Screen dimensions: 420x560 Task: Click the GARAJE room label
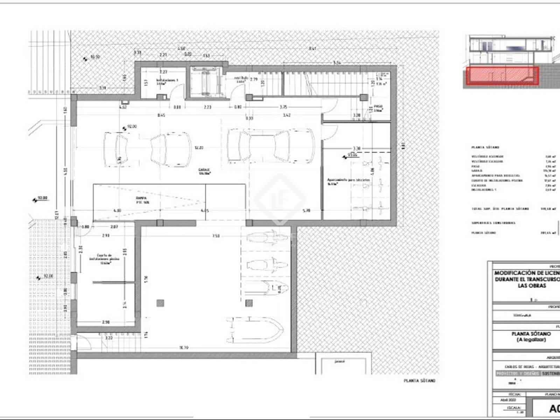[204, 171]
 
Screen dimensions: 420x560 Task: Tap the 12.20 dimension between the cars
[199, 148]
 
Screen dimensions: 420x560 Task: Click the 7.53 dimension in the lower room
[216, 236]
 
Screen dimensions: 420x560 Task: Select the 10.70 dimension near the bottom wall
[183, 348]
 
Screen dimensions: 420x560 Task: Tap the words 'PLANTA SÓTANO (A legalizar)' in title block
[531, 337]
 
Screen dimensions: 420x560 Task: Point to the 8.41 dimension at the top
[312, 49]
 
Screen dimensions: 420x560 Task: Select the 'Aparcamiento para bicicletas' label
[348, 181]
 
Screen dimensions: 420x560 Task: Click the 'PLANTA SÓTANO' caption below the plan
[419, 380]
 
